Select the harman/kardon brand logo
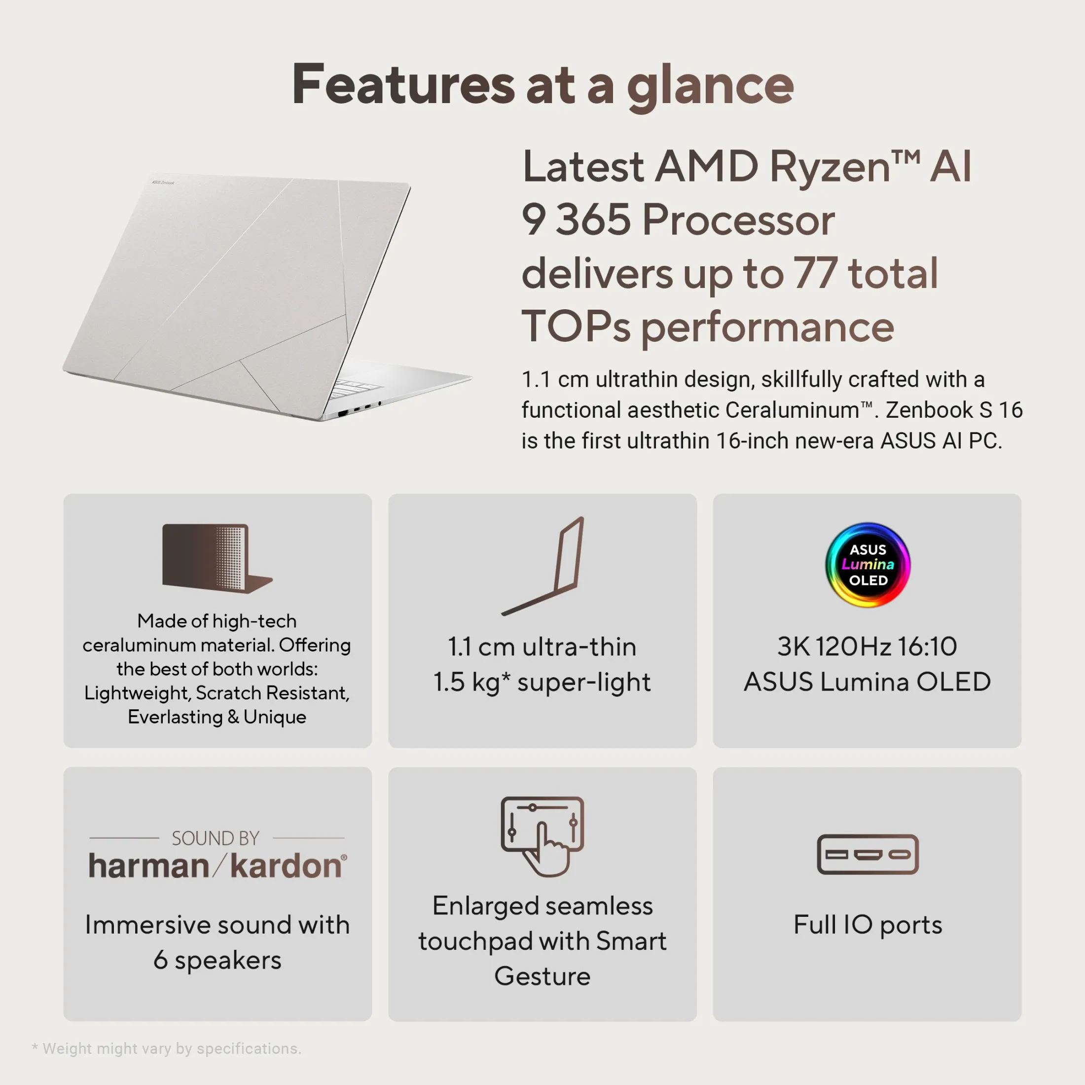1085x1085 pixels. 218,866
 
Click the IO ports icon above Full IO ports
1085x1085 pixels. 868,854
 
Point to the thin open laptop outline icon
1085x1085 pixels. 542,566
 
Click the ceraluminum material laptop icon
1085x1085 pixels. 217,558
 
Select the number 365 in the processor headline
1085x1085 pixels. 593,219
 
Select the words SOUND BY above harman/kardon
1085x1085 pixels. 216,838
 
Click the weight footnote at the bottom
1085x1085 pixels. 167,1049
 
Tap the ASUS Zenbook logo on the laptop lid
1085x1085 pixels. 163,182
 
